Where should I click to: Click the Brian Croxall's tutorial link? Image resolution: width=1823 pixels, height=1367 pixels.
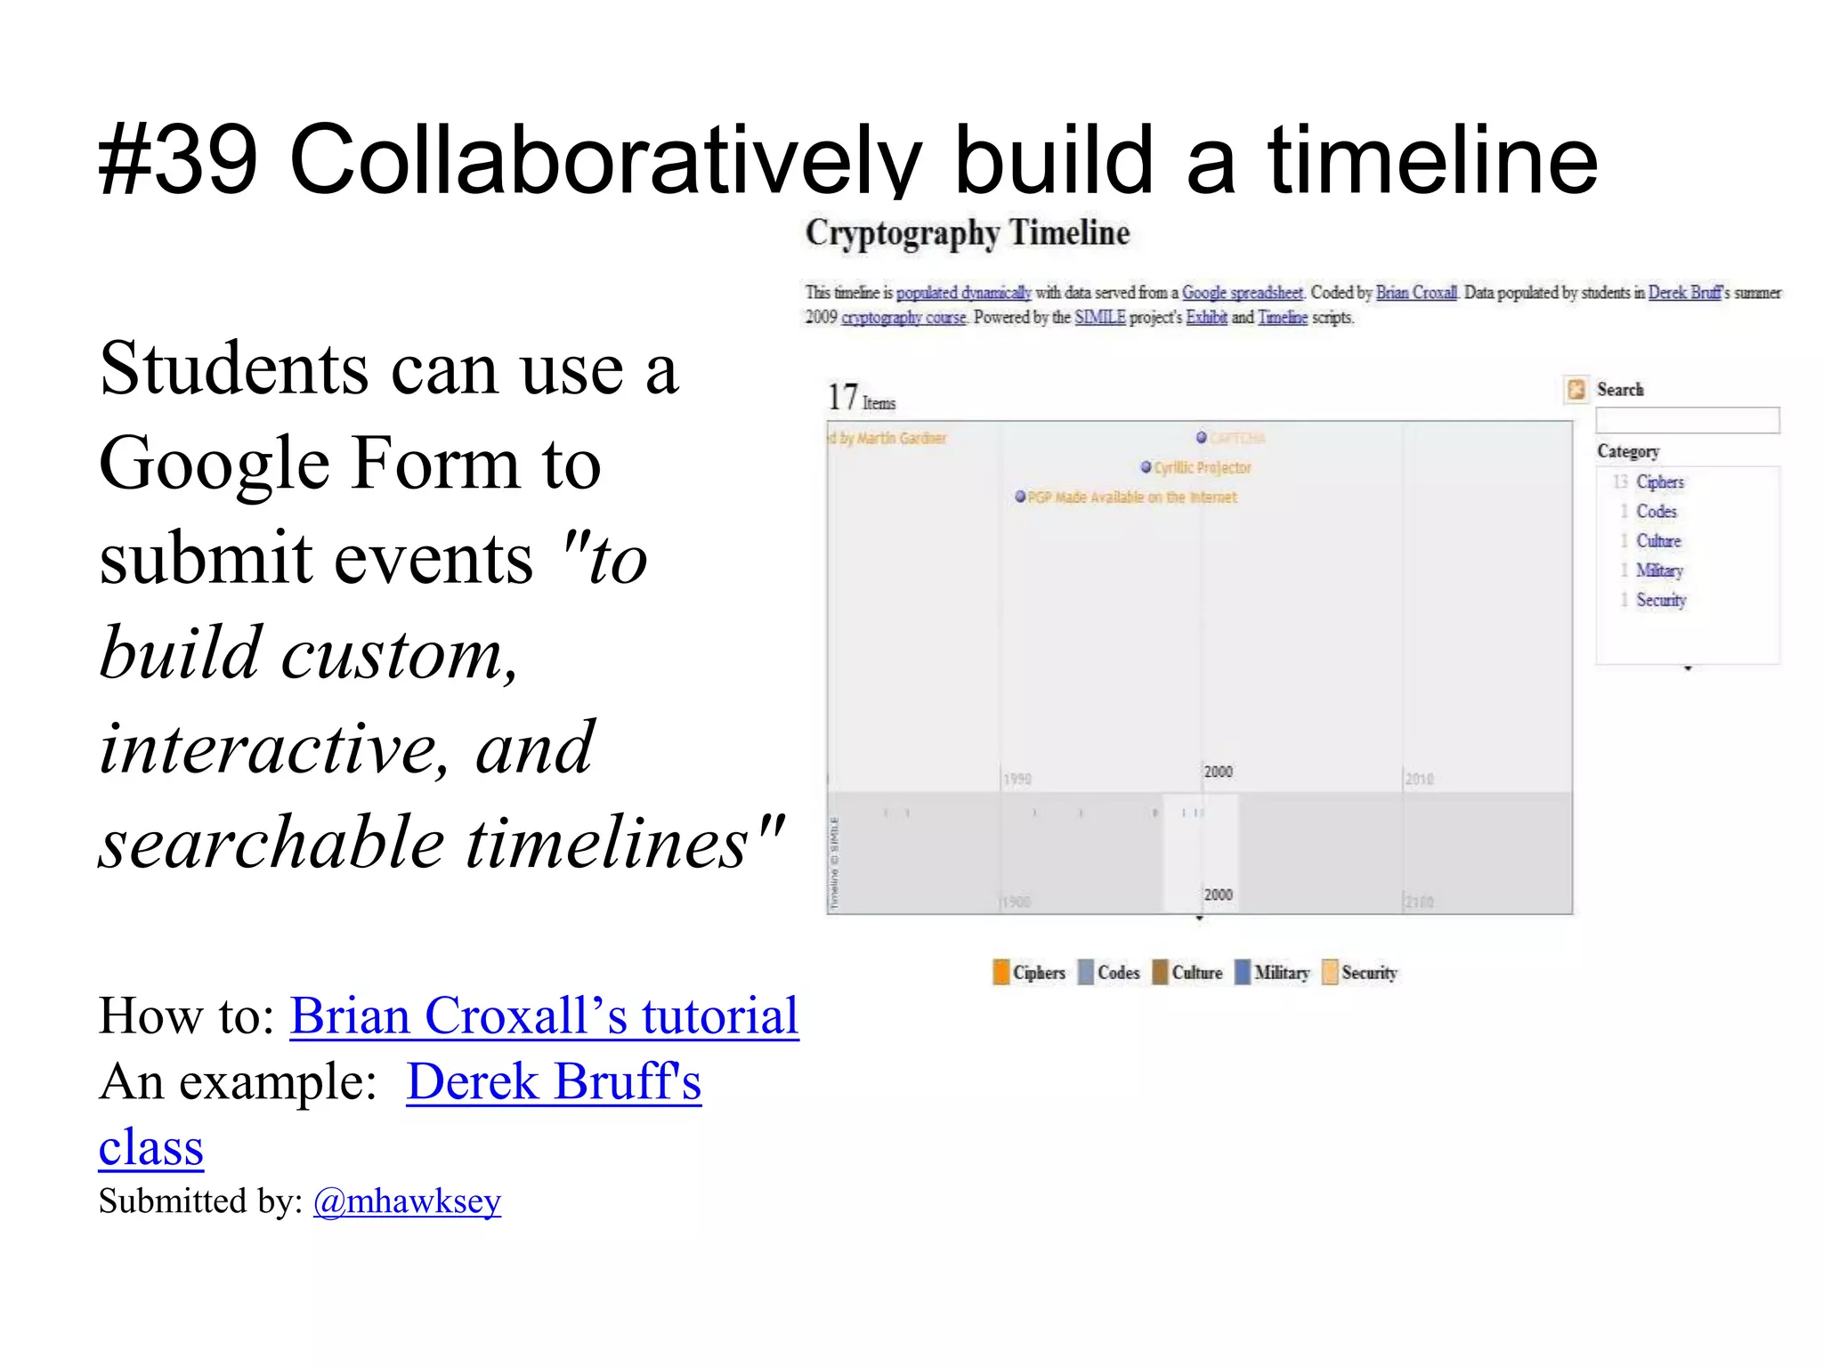[x=544, y=1015]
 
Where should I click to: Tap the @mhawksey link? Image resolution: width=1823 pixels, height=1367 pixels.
[x=407, y=1201]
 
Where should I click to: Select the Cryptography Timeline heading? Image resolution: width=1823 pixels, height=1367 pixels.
[x=968, y=233]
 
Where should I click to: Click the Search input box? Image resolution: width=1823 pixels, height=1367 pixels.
[x=1687, y=420]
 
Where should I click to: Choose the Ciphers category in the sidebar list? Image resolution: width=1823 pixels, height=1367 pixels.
[x=1659, y=482]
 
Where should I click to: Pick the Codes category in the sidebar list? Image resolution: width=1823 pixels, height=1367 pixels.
[x=1656, y=512]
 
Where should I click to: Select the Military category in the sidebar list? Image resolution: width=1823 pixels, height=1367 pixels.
[x=1659, y=570]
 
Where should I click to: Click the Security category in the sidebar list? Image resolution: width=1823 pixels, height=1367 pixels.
[x=1661, y=600]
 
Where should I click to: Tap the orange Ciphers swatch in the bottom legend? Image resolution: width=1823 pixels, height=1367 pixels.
[x=1001, y=972]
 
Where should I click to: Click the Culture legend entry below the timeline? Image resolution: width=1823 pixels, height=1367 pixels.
[x=1196, y=973]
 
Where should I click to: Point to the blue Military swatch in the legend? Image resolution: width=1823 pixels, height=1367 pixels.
[x=1243, y=972]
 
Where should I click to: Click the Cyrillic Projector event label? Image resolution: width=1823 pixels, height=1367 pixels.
[x=1202, y=468]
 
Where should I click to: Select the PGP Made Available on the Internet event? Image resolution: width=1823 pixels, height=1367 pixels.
[x=1131, y=497]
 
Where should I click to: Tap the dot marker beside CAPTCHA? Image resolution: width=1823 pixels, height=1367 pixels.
[x=1202, y=437]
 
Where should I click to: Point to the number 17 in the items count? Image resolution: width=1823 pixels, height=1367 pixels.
[x=842, y=397]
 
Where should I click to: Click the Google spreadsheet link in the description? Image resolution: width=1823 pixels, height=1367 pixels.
[x=1242, y=293]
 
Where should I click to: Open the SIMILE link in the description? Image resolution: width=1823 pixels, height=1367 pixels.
[x=1099, y=318]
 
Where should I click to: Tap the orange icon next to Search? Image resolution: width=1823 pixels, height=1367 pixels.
[x=1576, y=390]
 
